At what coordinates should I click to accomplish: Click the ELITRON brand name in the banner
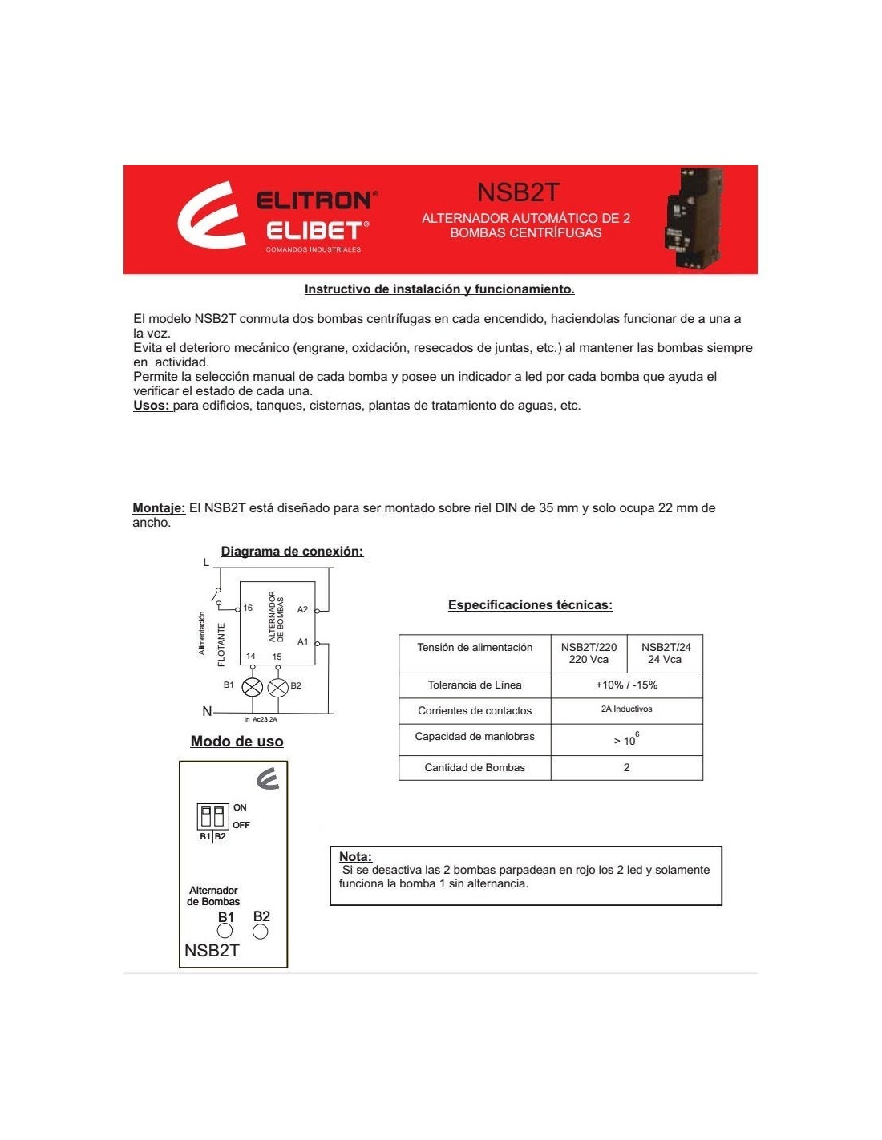coord(316,200)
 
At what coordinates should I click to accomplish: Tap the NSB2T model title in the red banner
coord(518,192)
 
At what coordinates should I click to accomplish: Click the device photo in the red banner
coord(692,218)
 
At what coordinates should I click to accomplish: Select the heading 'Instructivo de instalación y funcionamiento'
coord(439,289)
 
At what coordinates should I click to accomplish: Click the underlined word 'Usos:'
coord(152,406)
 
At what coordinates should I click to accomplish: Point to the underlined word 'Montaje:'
coord(159,508)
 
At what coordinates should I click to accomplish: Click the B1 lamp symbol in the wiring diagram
coord(253,687)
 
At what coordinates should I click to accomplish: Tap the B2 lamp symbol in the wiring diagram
coord(277,687)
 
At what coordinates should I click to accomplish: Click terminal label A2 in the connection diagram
coord(302,610)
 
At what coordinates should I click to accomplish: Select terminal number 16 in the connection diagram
coord(248,608)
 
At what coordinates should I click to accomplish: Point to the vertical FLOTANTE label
coord(222,645)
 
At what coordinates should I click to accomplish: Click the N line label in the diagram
coord(207,711)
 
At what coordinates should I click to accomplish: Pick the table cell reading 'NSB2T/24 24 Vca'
coord(666,653)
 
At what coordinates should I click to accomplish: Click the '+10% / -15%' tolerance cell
coord(626,685)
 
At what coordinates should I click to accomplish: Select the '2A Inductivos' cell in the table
coord(626,709)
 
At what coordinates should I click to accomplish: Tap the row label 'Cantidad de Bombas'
coord(475,768)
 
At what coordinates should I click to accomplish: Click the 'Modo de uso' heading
coord(237,742)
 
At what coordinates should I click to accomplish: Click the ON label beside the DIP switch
coord(240,807)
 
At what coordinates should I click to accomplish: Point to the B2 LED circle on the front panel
coord(261,932)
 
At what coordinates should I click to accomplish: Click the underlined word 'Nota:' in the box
coord(355,856)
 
